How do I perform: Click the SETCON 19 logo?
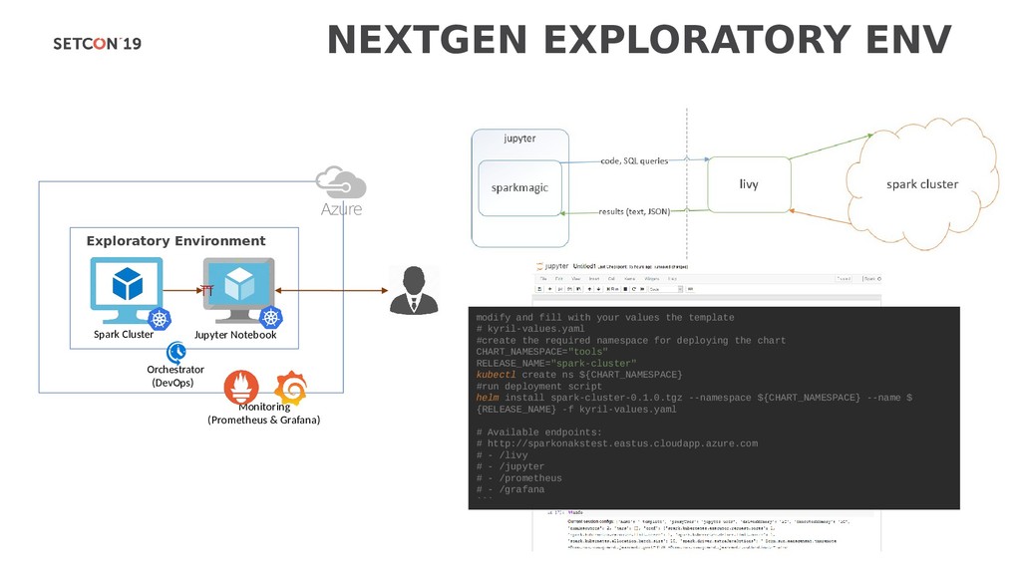[97, 43]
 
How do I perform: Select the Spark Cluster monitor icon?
[126, 286]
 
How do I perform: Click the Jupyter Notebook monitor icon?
[239, 286]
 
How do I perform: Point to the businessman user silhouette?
[414, 290]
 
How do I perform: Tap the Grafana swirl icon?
[290, 387]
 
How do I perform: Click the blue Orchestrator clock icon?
[176, 352]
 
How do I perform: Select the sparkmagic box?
[519, 187]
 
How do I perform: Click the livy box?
[749, 184]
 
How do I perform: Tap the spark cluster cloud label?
[922, 184]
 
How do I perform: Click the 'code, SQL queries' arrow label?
[634, 160]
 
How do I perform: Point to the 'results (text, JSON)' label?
[633, 211]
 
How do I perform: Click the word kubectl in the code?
[497, 375]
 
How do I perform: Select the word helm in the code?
[489, 398]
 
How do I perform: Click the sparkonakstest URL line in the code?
[617, 443]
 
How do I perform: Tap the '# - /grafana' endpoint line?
[510, 489]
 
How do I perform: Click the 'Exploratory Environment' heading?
[175, 241]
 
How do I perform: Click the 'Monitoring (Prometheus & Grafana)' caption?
[263, 414]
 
